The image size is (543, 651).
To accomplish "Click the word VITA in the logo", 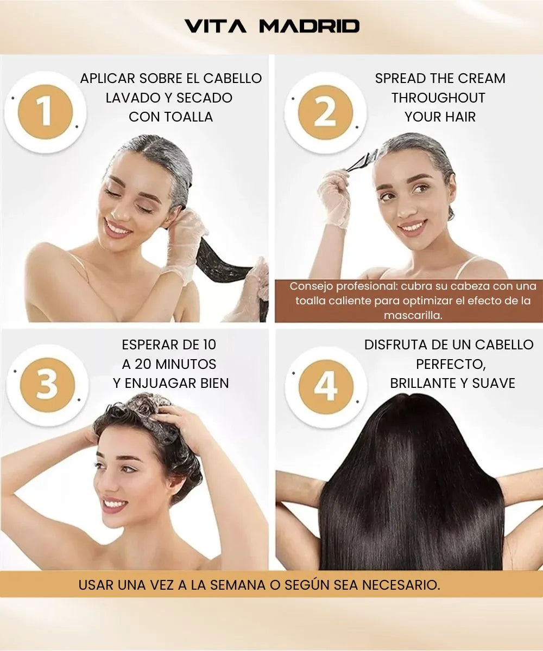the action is (216, 26).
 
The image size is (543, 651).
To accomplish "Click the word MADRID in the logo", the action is (310, 26).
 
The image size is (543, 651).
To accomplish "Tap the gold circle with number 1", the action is (45, 112).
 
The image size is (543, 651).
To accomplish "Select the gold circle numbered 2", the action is (325, 112).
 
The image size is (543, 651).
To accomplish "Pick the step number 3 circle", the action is (47, 385).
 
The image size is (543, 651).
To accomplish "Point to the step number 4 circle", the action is (326, 387).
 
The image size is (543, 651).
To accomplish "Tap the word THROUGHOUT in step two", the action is (438, 98).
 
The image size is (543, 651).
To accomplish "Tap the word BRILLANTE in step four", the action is (426, 384).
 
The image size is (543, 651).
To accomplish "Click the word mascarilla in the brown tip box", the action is (413, 315).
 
